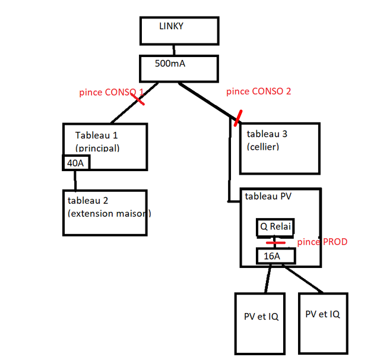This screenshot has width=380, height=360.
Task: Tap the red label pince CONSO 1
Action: [112, 92]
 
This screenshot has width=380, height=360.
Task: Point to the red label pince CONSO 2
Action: [259, 91]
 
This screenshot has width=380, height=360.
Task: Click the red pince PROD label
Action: [322, 242]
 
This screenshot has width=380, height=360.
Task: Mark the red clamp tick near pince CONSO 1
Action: [138, 99]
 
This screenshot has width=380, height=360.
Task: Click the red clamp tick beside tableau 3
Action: [238, 118]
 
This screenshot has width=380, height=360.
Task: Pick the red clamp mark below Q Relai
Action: [275, 242]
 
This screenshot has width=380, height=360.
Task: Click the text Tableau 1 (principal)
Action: [97, 141]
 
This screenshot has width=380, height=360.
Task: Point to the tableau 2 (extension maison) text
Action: [109, 207]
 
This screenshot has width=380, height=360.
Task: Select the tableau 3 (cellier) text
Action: [267, 140]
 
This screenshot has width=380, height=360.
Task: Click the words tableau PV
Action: [268, 196]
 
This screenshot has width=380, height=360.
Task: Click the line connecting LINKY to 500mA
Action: [174, 50]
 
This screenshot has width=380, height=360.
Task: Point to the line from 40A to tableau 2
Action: [75, 181]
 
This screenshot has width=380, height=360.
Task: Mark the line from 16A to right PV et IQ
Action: [303, 279]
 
